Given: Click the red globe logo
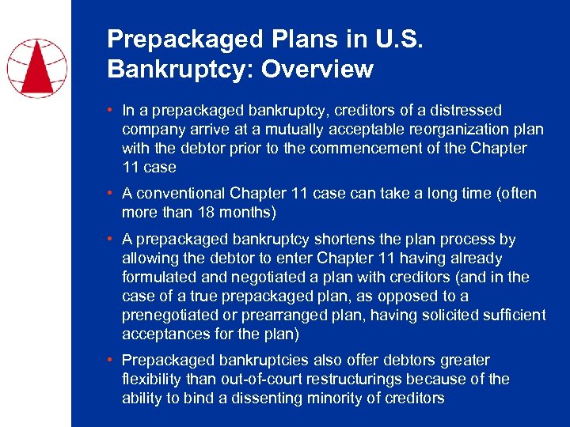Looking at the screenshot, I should (x=36, y=68).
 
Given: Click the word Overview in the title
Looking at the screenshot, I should (x=317, y=70).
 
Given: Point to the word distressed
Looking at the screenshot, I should (x=465, y=111).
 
